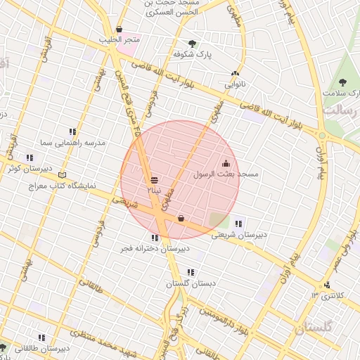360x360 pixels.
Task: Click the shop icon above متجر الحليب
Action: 119,30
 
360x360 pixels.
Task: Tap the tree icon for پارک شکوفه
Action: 192,44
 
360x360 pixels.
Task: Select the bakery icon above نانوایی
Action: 235,73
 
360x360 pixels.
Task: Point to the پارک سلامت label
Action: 340,93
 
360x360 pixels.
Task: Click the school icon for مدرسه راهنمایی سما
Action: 72,131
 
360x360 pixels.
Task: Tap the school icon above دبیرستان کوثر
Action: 30,158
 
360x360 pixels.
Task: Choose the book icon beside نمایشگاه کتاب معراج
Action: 63,174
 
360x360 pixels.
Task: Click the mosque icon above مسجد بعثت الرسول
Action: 225,163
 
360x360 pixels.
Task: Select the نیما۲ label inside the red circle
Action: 154,190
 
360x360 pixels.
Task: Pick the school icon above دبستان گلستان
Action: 191,272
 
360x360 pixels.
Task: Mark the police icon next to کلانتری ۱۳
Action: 326,285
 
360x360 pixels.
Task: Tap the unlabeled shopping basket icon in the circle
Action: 181,218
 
